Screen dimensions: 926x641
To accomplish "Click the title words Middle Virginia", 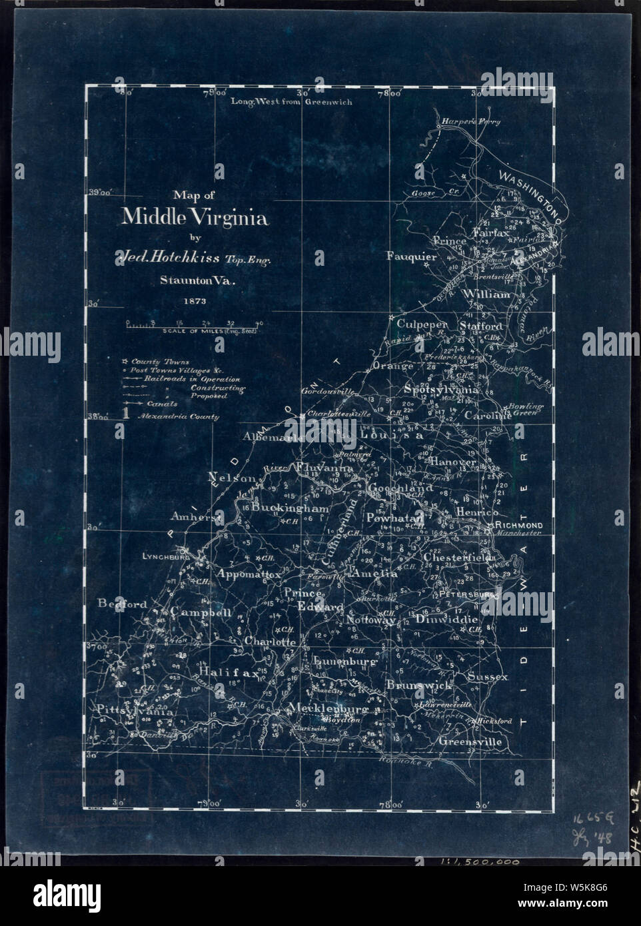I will pyautogui.click(x=195, y=217).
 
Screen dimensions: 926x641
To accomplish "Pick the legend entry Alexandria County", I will pyautogui.click(x=179, y=417).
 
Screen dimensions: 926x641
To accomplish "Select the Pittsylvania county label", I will pyautogui.click(x=135, y=711).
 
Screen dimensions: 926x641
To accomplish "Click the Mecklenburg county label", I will pyautogui.click(x=328, y=708).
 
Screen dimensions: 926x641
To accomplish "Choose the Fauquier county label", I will pyautogui.click(x=411, y=256).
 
